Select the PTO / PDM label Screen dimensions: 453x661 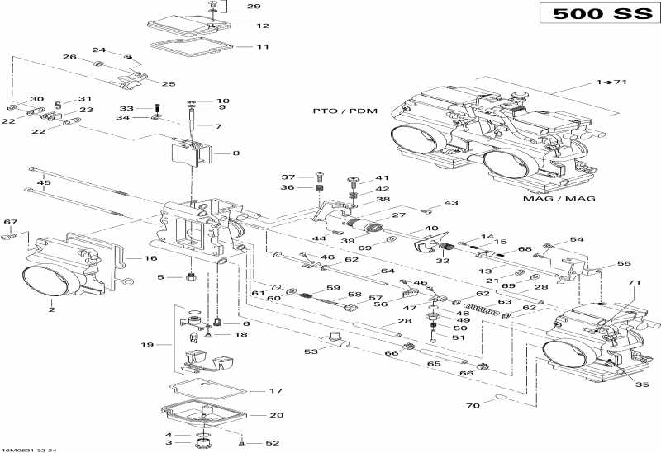pyautogui.click(x=340, y=110)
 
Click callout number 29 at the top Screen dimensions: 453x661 pyautogui.click(x=253, y=7)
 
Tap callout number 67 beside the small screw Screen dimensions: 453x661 pyautogui.click(x=11, y=222)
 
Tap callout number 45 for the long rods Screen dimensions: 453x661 pyautogui.click(x=45, y=183)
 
